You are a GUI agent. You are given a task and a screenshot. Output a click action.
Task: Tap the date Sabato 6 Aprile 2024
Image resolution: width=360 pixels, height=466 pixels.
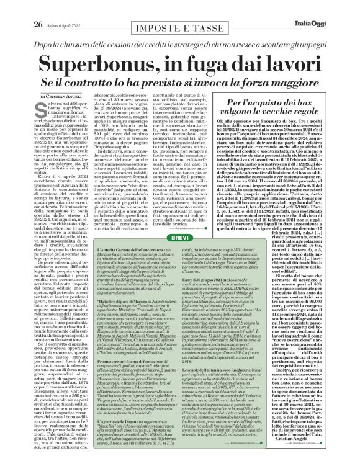[x=48, y=7]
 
